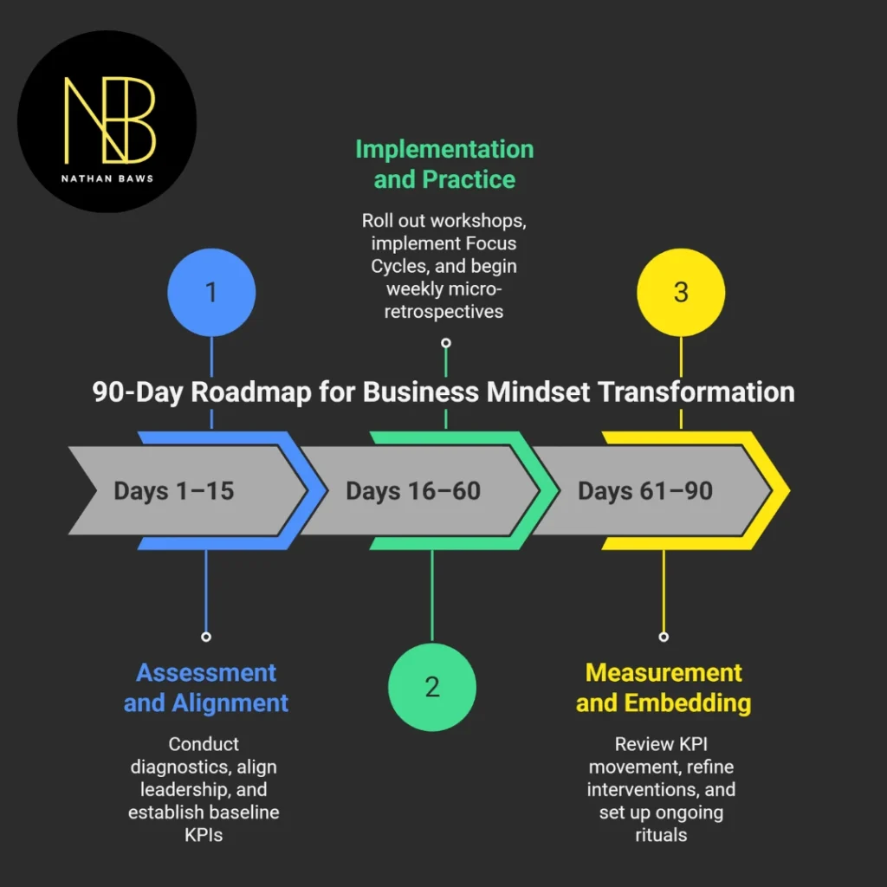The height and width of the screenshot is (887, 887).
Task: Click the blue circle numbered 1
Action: click(x=211, y=292)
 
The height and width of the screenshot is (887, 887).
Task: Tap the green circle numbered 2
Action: click(x=432, y=686)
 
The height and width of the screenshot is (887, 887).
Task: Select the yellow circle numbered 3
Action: click(x=681, y=292)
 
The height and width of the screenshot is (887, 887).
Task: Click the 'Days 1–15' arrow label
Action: click(x=173, y=491)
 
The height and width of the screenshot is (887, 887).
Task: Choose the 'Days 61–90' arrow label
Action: click(x=644, y=491)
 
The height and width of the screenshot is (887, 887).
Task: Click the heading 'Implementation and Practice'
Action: click(x=444, y=164)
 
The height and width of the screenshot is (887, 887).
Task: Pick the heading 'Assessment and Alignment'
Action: click(x=206, y=687)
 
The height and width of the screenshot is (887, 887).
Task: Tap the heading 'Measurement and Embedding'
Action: click(x=664, y=687)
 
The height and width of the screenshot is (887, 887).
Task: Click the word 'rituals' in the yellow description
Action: click(x=663, y=834)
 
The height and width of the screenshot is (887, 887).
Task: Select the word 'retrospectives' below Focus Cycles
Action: click(x=445, y=311)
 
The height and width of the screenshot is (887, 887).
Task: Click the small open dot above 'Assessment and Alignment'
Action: click(x=206, y=637)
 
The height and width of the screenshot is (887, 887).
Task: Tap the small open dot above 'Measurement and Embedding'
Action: click(x=664, y=637)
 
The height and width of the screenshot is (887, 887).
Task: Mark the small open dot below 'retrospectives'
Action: click(x=445, y=342)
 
